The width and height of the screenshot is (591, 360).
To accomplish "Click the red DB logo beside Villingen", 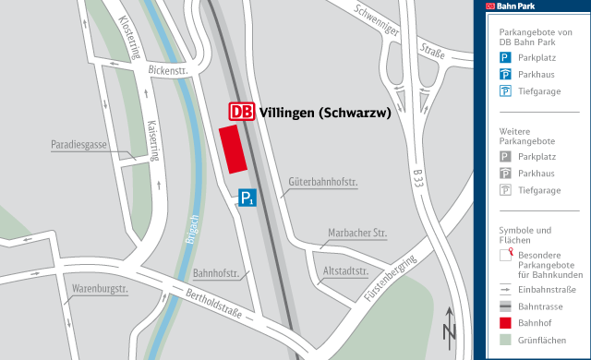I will coord(241,112).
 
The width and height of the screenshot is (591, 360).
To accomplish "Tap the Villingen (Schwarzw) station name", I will coord(326,113).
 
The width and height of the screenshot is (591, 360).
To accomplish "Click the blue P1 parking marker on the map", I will coord(247,198).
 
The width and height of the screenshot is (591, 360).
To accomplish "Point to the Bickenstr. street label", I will coord(166,69).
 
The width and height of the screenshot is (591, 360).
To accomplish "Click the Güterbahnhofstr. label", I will coord(322,182).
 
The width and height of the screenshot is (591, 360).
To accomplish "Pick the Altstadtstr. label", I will coord(347,272).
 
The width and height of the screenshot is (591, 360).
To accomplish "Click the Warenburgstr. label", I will coord(100,289).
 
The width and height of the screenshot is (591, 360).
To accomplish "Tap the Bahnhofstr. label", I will coord(217,274).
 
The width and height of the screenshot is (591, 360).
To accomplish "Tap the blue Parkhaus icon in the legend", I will coord(505,74).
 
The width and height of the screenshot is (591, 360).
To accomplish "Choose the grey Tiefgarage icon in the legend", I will coord(505,190).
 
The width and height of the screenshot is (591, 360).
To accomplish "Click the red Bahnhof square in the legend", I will coord(505,323).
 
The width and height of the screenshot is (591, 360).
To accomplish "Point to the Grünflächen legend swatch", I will coord(505,340).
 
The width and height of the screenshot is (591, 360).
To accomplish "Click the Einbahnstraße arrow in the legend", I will coord(505,290).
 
